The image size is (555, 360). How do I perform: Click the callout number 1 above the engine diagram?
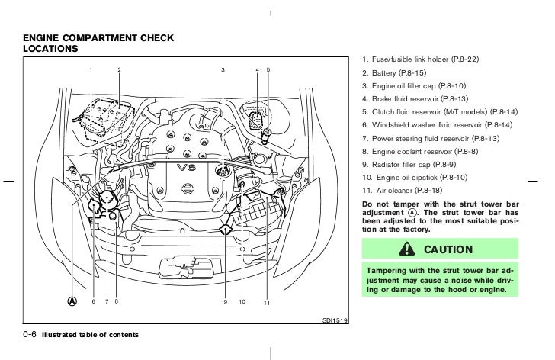[91, 70]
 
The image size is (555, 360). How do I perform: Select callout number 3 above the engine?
[223, 70]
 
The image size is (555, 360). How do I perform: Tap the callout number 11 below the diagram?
[267, 304]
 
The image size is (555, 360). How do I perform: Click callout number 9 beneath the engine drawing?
[226, 302]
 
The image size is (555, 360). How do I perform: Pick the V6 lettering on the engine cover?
[186, 167]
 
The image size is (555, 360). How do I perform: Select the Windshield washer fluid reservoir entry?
[437, 124]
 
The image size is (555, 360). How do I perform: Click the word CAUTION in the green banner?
[448, 249]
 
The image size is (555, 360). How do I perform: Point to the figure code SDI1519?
[334, 321]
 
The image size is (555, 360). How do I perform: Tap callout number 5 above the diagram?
[268, 70]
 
